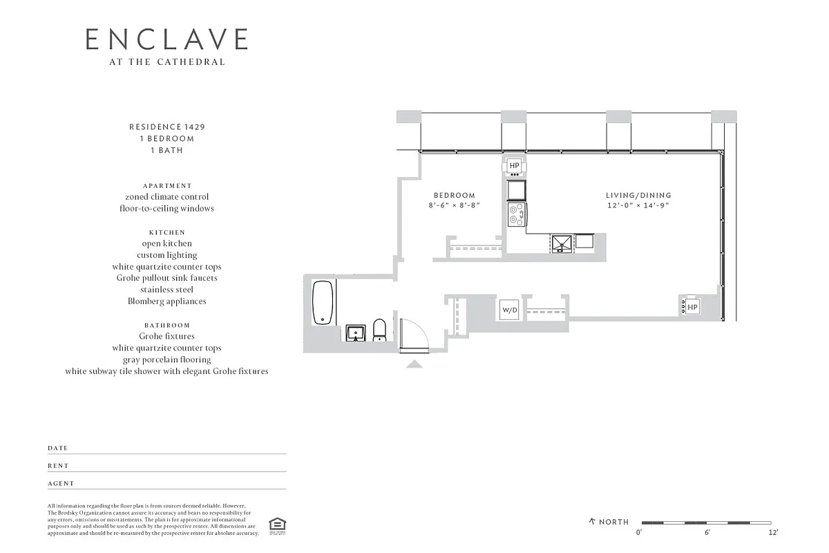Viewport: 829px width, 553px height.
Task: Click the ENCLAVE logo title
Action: point(166,39)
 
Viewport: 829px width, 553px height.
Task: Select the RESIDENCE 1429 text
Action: point(166,127)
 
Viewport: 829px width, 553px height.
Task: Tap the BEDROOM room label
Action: point(455,196)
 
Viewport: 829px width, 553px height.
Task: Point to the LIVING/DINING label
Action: point(638,196)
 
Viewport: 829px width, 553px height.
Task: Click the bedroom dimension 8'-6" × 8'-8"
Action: point(455,206)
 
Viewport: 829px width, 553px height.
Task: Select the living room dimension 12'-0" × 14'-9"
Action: point(638,206)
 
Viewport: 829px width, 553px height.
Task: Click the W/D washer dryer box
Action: point(510,310)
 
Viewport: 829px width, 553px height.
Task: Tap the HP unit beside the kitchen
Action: point(515,166)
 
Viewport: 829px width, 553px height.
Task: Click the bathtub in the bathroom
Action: point(323,303)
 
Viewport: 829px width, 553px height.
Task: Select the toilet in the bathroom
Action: point(379,330)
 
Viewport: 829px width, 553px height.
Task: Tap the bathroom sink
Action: point(356,333)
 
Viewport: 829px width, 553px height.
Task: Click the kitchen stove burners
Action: point(515,214)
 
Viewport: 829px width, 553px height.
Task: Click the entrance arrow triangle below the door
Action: point(414,364)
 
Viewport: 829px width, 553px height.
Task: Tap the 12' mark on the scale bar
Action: point(773,533)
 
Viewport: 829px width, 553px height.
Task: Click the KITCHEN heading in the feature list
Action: point(166,233)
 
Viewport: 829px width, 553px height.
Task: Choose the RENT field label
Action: point(58,466)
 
